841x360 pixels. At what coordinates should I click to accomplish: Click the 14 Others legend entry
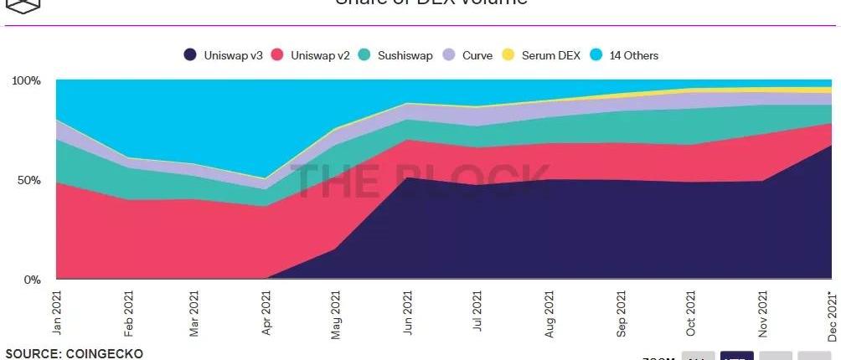627,55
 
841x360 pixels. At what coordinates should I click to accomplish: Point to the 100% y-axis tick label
26,80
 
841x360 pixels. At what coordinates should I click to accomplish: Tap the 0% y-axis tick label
32,279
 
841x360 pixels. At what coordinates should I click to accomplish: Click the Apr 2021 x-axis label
266,312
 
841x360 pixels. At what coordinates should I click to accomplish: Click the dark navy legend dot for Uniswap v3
190,55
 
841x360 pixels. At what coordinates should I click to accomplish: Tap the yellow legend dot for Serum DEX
508,55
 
